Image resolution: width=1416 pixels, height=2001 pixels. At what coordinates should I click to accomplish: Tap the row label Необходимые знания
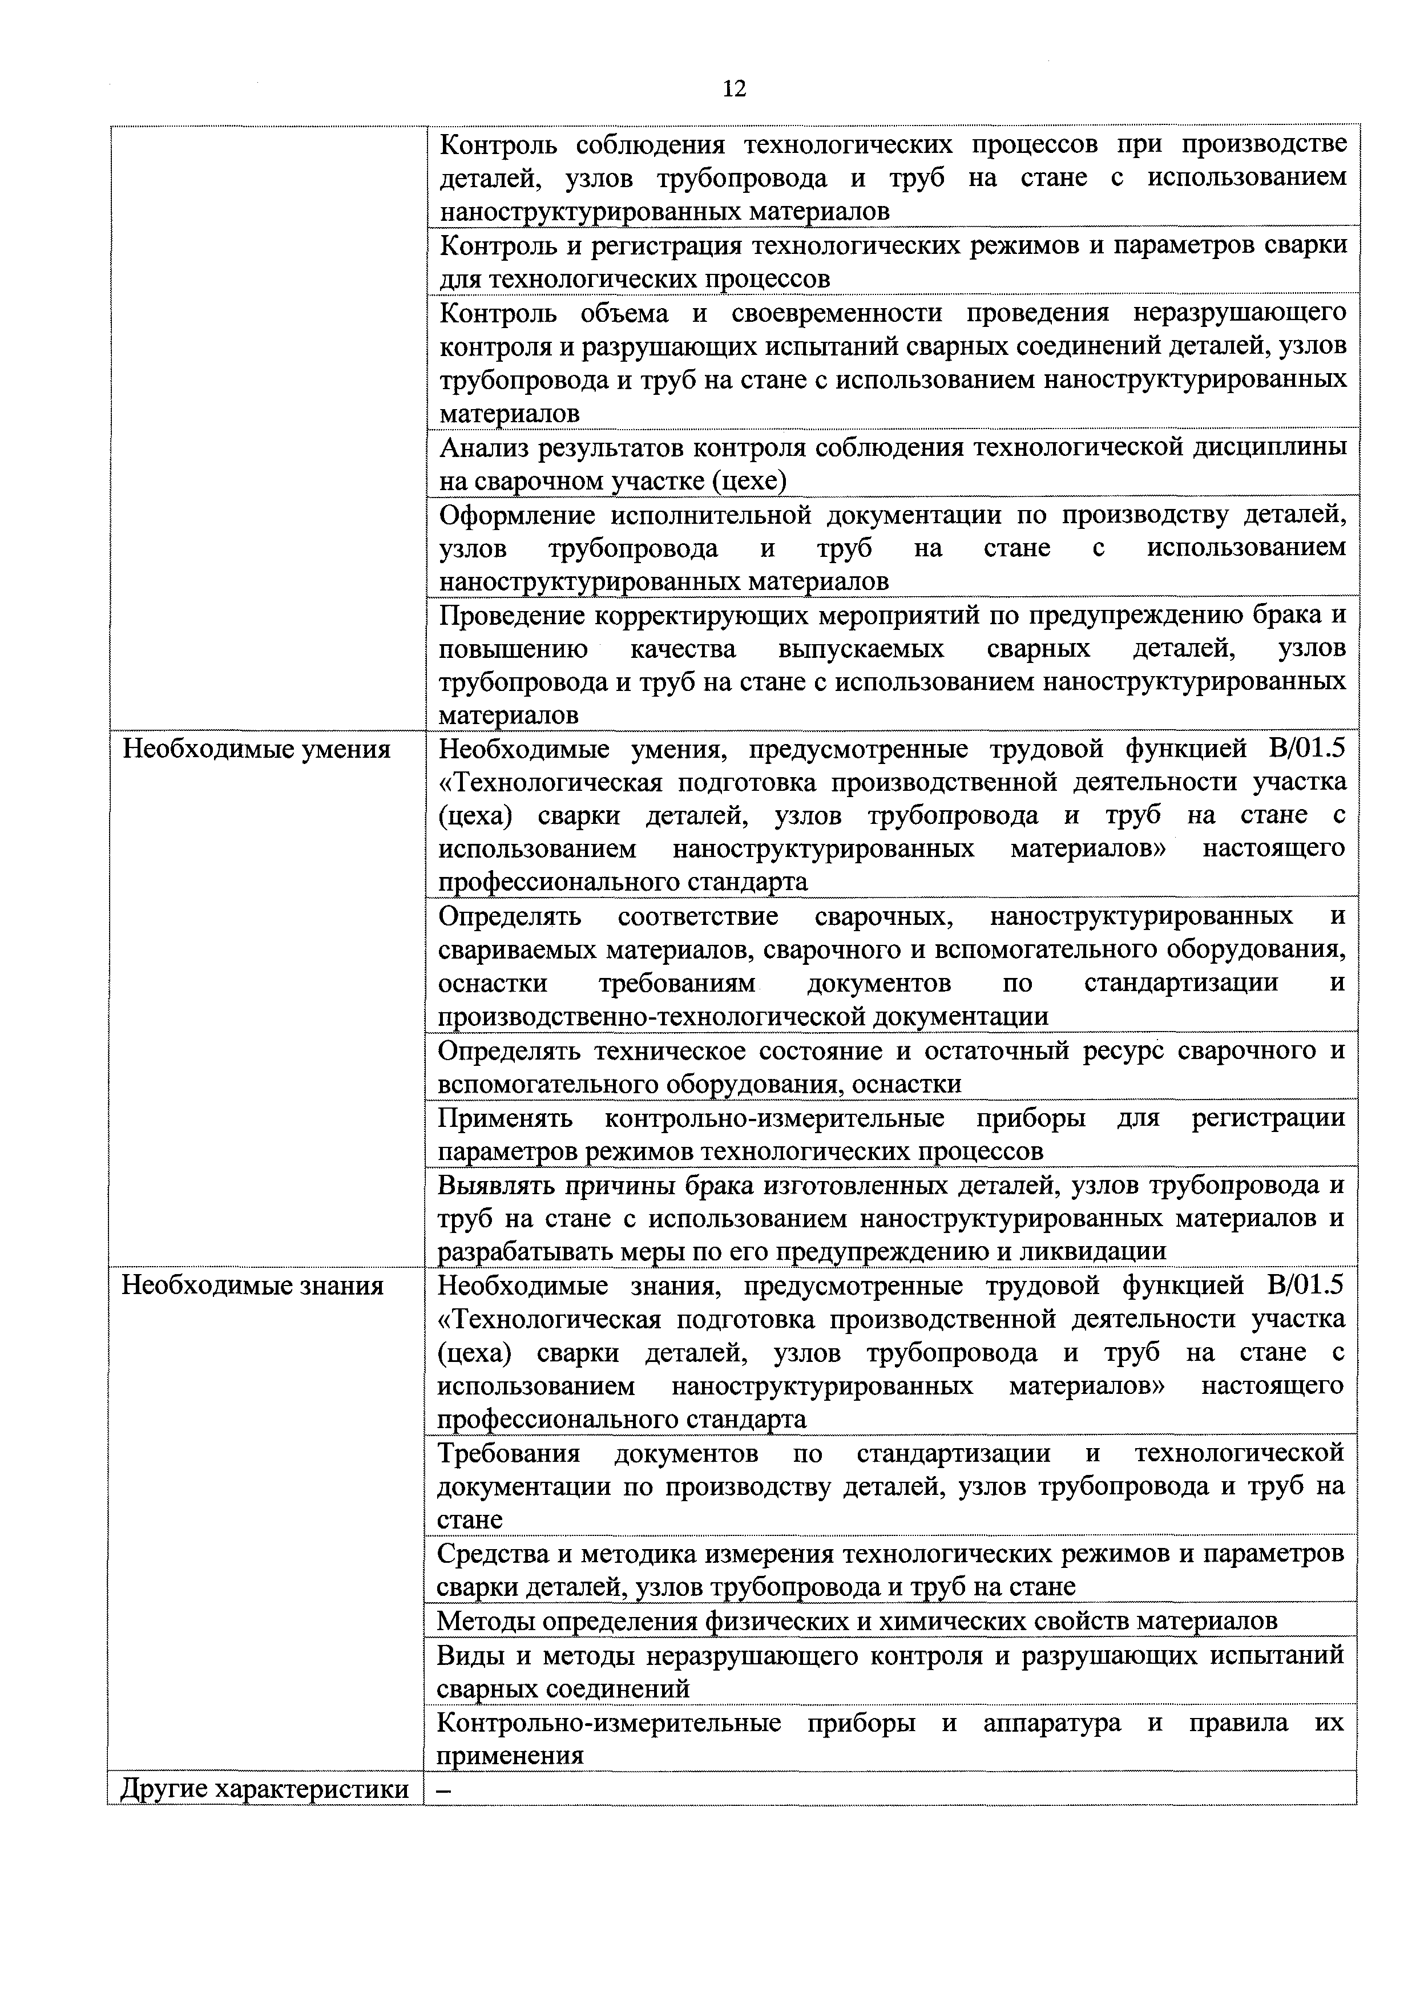click(x=253, y=1286)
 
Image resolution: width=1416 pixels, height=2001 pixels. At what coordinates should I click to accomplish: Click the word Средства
click(x=491, y=1554)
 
